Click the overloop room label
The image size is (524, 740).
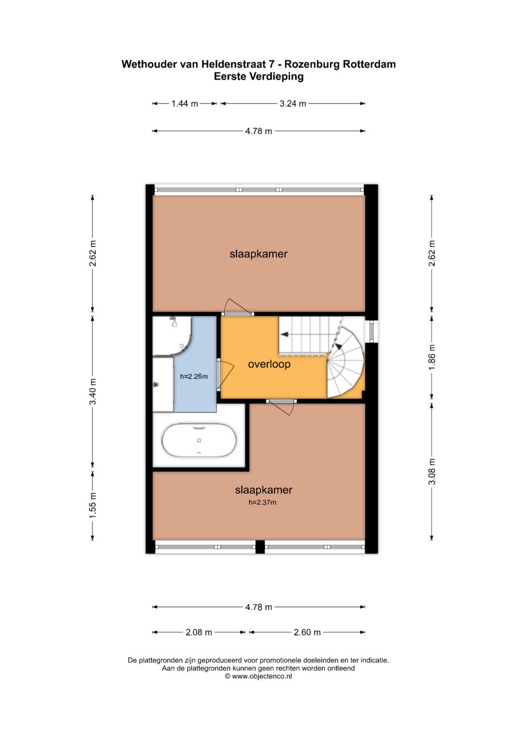click(x=269, y=364)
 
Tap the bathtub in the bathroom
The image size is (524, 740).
click(x=199, y=441)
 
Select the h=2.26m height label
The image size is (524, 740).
click(x=194, y=376)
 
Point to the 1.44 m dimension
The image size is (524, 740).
click(x=184, y=104)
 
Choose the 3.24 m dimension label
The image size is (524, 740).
click(x=293, y=104)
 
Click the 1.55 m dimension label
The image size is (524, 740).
click(x=93, y=505)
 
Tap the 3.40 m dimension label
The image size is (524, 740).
click(x=93, y=392)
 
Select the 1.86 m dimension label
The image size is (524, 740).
click(x=432, y=357)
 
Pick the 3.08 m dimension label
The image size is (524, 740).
click(x=432, y=472)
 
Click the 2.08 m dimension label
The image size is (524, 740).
click(x=198, y=632)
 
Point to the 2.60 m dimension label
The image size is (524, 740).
click(x=307, y=632)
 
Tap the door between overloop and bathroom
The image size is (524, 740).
click(x=225, y=375)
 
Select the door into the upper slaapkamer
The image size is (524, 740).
click(x=237, y=307)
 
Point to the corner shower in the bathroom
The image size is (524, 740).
click(x=172, y=336)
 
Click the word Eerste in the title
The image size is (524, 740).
click(x=230, y=77)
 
